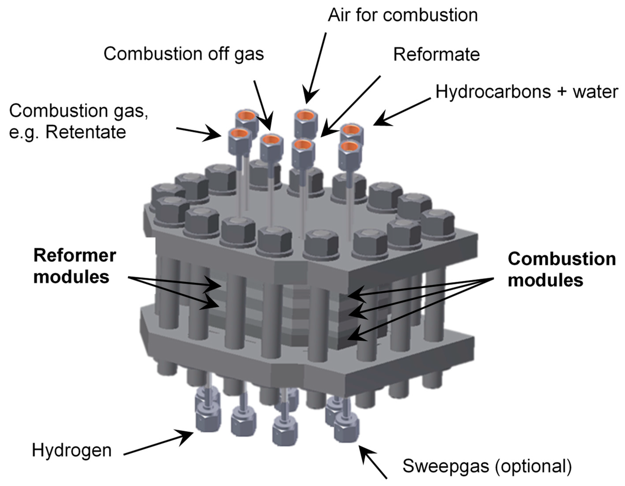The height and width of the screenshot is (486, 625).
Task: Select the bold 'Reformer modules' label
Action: click(x=74, y=266)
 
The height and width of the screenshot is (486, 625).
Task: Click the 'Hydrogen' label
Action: click(x=72, y=450)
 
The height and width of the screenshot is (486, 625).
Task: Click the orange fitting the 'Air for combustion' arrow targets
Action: click(x=305, y=116)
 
